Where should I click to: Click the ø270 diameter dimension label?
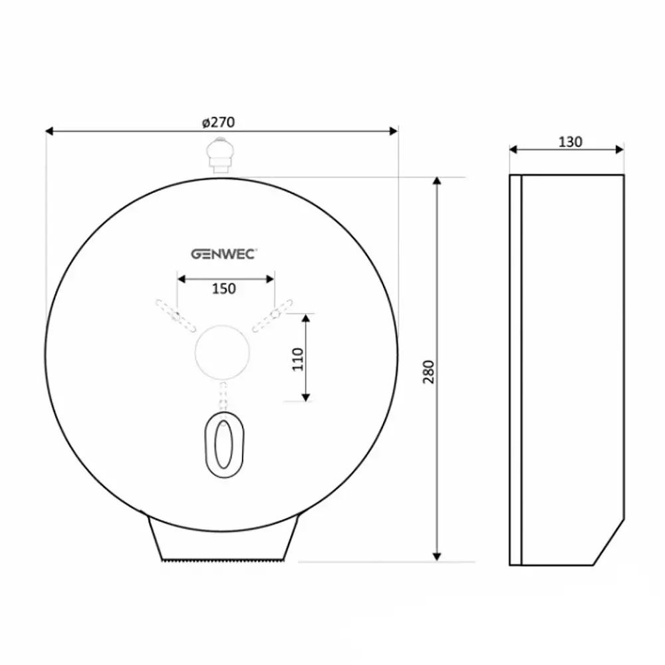click(x=218, y=122)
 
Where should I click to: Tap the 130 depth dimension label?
click(x=570, y=142)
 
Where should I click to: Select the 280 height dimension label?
click(x=429, y=372)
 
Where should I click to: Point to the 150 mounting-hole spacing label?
click(x=224, y=289)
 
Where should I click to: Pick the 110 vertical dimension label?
click(x=298, y=359)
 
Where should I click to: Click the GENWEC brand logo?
click(x=223, y=254)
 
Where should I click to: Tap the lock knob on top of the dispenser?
click(x=220, y=155)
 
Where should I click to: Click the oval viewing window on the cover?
click(x=224, y=444)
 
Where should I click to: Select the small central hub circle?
click(x=222, y=352)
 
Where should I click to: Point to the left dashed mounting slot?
click(x=176, y=315)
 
